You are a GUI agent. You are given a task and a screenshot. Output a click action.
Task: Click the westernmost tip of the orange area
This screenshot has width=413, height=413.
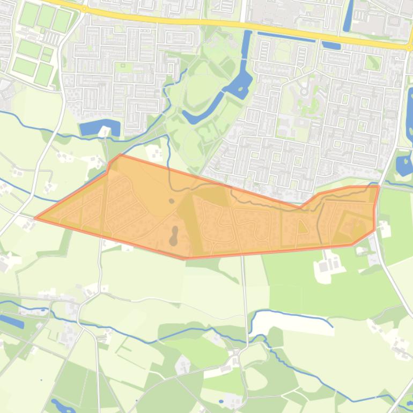pyautogui.click(x=35, y=218)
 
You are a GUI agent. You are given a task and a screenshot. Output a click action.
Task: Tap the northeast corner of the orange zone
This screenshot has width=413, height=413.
pyautogui.click(x=379, y=186)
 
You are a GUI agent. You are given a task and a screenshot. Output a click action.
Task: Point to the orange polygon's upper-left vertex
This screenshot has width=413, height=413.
pyautogui.click(x=119, y=156)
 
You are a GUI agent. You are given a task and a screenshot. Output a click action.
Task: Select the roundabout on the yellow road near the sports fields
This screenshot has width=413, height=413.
pyautogui.click(x=84, y=9)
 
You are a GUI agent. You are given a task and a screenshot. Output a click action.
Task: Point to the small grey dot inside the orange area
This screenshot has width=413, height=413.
pyautogui.click(x=171, y=201)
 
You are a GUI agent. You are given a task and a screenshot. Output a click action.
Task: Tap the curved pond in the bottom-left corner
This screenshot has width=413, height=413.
pyautogui.click(x=62, y=404)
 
